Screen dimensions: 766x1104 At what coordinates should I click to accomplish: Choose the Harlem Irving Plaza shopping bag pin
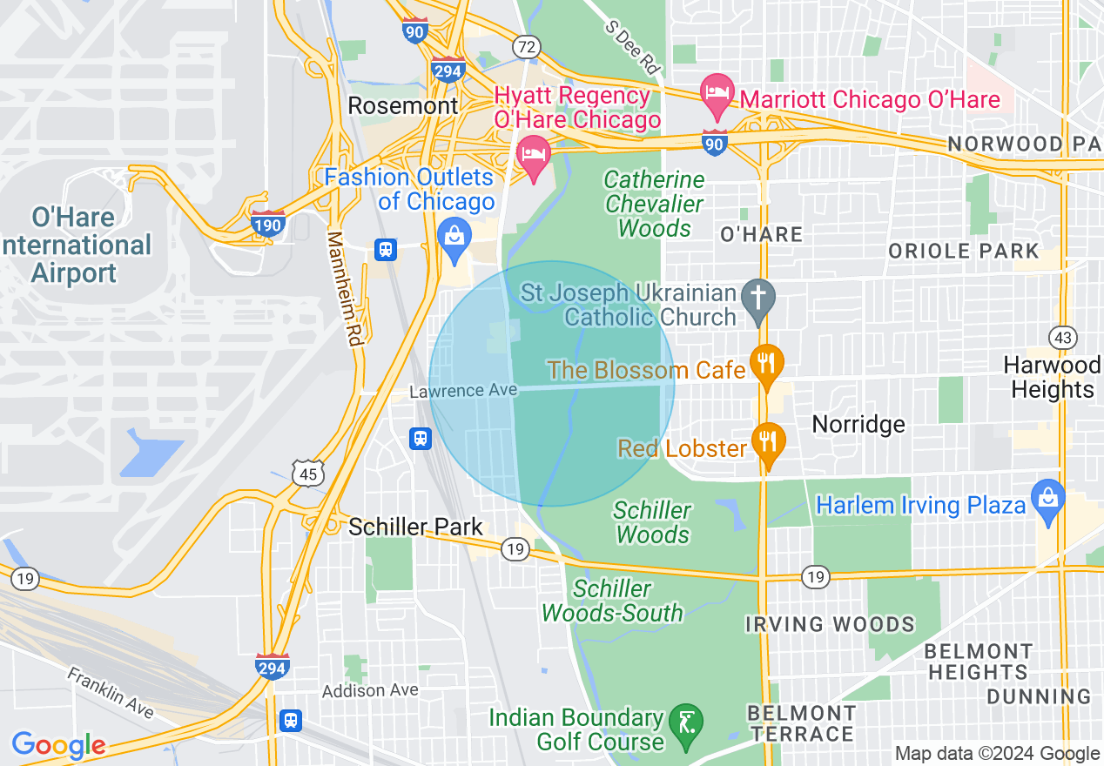click(1048, 501)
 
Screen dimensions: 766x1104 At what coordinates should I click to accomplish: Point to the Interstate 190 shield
click(267, 224)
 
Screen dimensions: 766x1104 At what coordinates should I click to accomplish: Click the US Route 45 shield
click(308, 473)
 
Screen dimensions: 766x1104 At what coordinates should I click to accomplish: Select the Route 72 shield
click(527, 46)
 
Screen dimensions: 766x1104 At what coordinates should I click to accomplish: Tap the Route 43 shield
click(1063, 337)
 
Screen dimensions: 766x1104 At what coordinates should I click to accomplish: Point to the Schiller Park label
click(415, 527)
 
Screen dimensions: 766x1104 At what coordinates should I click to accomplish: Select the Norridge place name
click(858, 424)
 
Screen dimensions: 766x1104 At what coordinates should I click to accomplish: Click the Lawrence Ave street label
click(463, 391)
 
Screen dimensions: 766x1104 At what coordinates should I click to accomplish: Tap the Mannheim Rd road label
click(344, 288)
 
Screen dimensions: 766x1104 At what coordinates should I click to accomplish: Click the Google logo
click(58, 745)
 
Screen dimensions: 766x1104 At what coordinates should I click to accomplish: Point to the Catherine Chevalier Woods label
click(655, 205)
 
